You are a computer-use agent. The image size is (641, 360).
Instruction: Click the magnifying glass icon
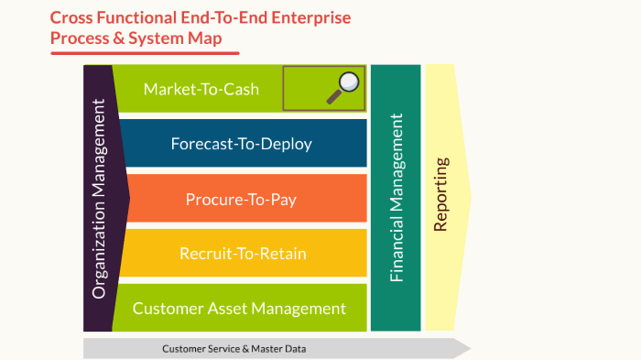344,85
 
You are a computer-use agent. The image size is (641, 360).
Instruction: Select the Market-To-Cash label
201,89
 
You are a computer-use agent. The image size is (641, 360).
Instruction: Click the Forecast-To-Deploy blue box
241,144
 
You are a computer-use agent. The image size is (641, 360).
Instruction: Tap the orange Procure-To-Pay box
241,199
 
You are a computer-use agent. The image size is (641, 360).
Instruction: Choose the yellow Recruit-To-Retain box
242,254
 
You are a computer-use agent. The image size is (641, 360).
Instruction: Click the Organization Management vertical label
100,199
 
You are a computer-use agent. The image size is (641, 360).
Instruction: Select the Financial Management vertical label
397,198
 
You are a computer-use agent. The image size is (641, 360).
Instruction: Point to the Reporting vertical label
441,195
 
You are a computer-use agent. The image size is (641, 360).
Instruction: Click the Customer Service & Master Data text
234,349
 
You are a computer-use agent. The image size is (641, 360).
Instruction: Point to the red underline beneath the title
137,53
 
